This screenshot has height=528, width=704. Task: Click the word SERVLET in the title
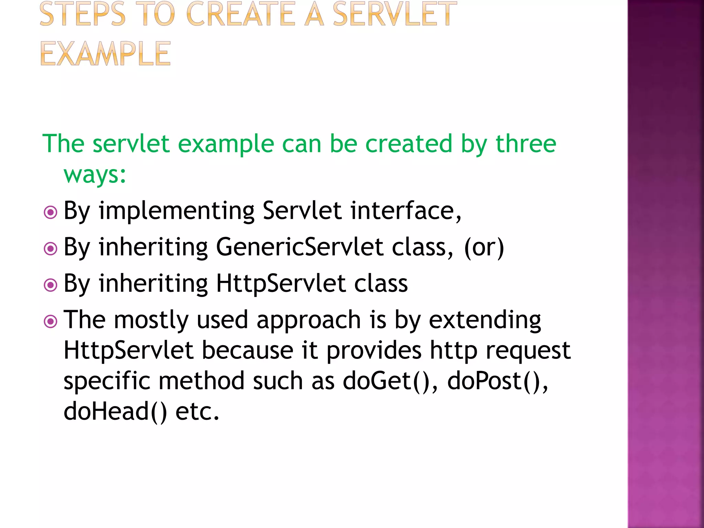tap(395, 14)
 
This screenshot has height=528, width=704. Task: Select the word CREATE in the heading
tap(240, 14)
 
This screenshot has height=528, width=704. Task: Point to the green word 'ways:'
tap(95, 175)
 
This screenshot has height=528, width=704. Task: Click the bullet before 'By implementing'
tap(51, 212)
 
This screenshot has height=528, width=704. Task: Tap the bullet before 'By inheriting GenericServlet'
tap(51, 248)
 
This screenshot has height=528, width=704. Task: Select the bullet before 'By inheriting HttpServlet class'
tap(51, 285)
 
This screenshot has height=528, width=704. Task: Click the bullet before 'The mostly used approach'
tap(51, 321)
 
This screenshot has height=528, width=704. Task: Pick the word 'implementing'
tap(176, 211)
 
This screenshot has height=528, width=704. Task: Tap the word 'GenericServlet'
tap(299, 247)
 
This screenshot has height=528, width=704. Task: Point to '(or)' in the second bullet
tap(484, 247)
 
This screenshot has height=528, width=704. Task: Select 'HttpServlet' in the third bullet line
tap(280, 284)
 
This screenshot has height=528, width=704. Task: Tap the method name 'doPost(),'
tap(497, 382)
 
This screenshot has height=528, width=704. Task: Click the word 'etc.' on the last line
tap(197, 411)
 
